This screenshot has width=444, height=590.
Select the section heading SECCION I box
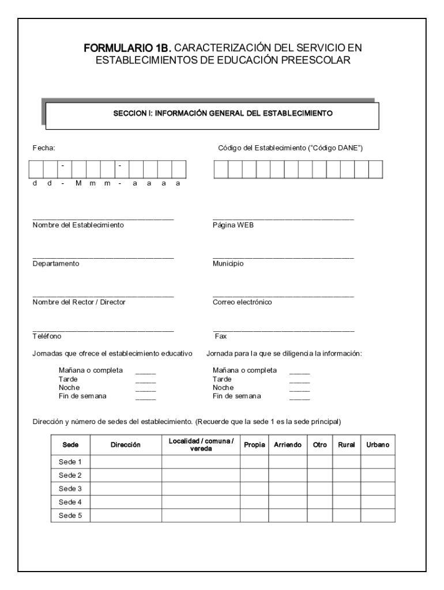[x=212, y=114]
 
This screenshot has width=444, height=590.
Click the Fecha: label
[x=43, y=148]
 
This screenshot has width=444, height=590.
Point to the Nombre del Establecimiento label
[x=78, y=225]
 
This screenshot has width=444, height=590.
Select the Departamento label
[x=56, y=263]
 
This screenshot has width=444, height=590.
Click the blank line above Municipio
[x=283, y=258]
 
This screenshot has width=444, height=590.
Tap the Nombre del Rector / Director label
[x=79, y=302]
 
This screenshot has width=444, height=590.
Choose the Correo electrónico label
[x=242, y=302]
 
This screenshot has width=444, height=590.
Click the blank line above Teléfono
[x=103, y=331]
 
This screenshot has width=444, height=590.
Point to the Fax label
[x=220, y=336]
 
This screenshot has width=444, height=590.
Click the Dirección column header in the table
[x=126, y=445]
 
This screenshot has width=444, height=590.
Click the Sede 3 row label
[x=70, y=489]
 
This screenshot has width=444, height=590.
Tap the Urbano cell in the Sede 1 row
[x=378, y=462]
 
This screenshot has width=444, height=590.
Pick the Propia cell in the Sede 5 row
[x=254, y=516]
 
